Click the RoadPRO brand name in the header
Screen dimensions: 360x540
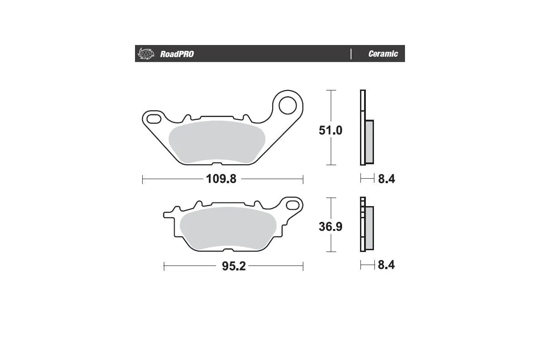[177, 54]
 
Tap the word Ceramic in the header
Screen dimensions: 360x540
[383, 54]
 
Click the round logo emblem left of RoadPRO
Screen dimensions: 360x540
[145, 54]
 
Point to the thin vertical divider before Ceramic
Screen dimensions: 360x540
[351, 54]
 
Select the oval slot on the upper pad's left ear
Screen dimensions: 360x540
[153, 119]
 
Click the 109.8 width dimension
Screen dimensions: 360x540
[221, 179]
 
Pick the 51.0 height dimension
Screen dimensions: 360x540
[331, 130]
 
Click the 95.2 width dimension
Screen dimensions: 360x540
[234, 266]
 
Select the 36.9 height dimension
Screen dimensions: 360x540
[331, 226]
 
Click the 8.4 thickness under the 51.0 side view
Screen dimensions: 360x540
[386, 179]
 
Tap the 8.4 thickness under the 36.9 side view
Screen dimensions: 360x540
[386, 265]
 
